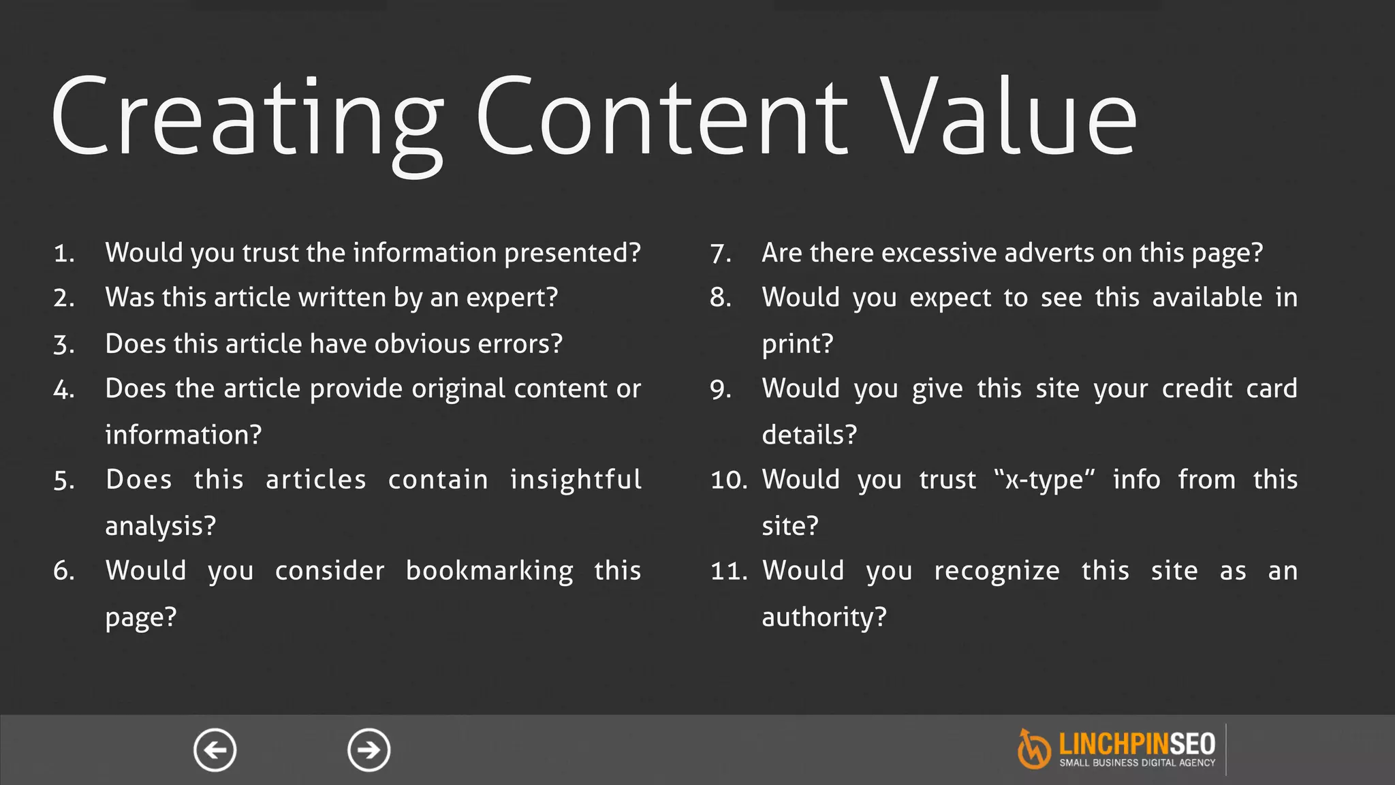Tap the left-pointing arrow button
pos(215,750)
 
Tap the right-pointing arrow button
pos(369,750)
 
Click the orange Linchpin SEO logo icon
pos(1033,750)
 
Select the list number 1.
pos(63,254)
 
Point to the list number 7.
pos(720,254)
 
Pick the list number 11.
pos(728,572)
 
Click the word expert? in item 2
pos(512,298)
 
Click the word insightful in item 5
pos(576,480)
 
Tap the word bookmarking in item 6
pos(489,571)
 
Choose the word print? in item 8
pos(797,344)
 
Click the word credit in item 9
pos(1197,389)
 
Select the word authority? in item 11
pos(824,617)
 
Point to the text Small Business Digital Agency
pos(1137,763)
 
